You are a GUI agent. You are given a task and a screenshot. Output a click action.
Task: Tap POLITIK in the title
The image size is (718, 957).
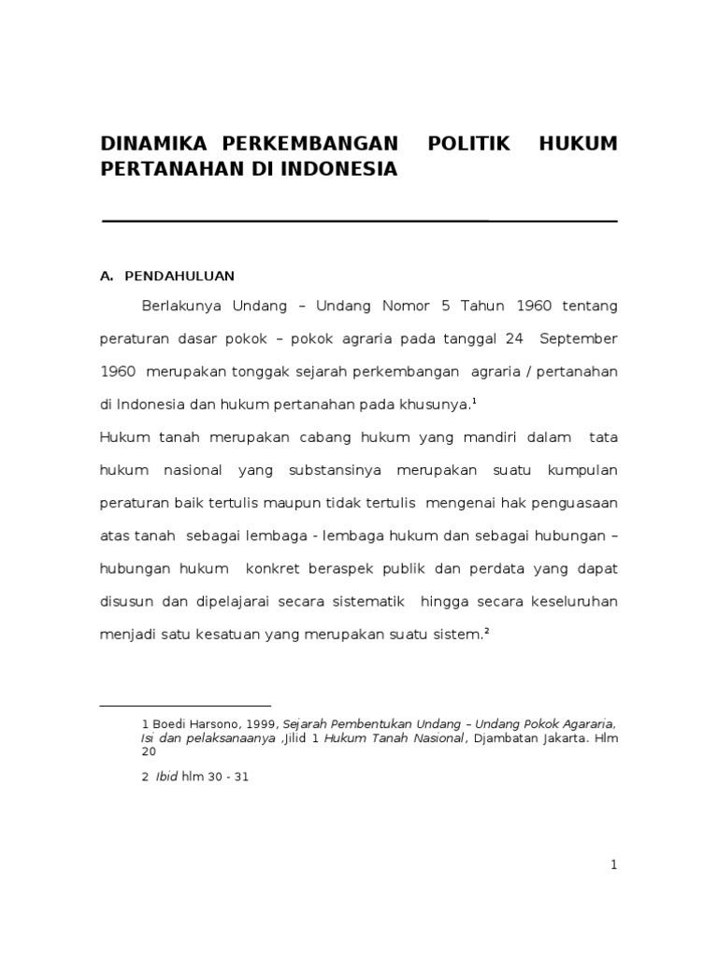[468, 146]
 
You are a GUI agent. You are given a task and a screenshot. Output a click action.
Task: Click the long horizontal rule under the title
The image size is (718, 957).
[359, 221]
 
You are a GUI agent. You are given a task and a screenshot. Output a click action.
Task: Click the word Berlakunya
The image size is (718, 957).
[182, 306]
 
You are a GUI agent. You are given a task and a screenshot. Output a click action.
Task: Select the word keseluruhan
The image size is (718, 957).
[572, 600]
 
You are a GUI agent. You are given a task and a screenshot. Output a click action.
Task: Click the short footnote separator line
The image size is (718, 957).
[185, 706]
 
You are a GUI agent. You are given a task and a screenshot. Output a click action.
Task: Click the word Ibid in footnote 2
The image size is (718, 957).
[168, 777]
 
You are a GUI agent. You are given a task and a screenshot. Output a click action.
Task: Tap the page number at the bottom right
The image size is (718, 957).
[613, 866]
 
